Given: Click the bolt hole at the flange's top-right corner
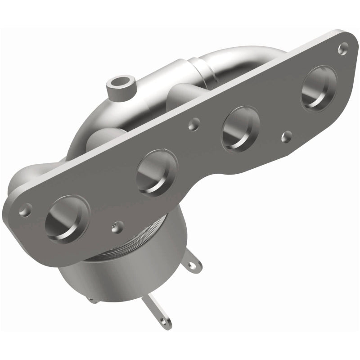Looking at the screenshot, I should [x=344, y=45].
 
